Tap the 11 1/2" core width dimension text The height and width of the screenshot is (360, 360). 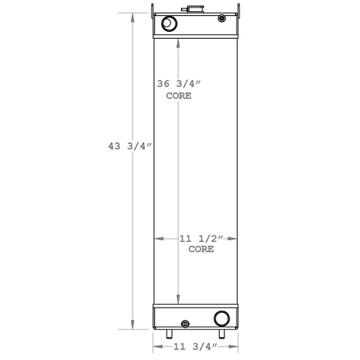click(x=200, y=239)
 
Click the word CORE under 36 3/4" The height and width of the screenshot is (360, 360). click(x=179, y=96)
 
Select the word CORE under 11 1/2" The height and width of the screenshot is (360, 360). click(x=200, y=249)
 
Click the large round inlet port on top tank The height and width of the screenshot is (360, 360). click(x=169, y=25)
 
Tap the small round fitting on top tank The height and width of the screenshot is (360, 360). click(x=221, y=20)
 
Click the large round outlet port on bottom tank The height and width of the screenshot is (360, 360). click(x=222, y=318)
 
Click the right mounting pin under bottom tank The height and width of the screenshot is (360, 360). click(x=222, y=333)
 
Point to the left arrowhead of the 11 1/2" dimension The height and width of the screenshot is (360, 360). click(x=158, y=239)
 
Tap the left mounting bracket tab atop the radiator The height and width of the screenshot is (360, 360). click(x=154, y=11)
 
